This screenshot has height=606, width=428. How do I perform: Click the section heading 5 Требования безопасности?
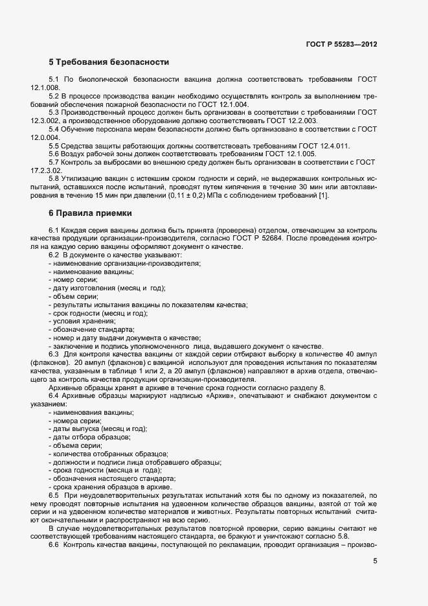(x=109, y=63)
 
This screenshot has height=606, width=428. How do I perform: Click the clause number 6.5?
(x=54, y=495)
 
